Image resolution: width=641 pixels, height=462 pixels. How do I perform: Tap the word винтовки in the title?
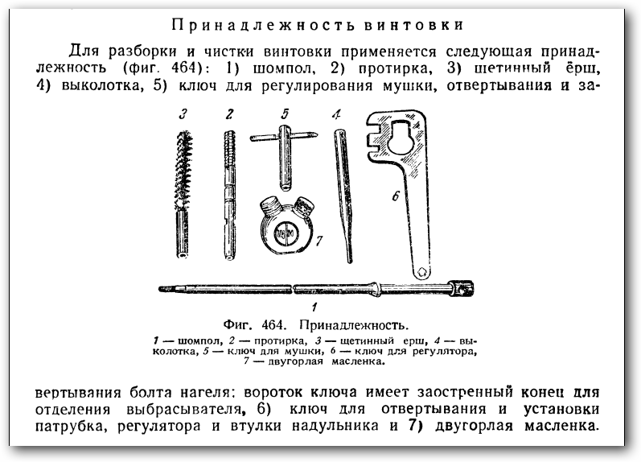pos(413,25)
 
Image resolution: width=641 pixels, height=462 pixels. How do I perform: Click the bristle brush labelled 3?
pos(183,194)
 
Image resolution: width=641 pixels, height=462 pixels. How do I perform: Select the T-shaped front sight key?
pos(285,157)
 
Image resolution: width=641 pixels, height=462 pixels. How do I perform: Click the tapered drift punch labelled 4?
pos(343,196)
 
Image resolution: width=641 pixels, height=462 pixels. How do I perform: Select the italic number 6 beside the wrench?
pos(396,196)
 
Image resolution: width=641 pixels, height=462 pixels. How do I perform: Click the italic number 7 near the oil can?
pos(319,241)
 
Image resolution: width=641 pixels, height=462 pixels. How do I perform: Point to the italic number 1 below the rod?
pos(314,307)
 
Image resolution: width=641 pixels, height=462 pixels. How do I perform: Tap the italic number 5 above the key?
pos(285,113)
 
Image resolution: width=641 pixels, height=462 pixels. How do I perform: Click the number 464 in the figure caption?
pos(273,325)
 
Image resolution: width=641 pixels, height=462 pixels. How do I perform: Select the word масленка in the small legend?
pos(358,361)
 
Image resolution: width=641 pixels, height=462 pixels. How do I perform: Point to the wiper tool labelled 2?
pos(230,194)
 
